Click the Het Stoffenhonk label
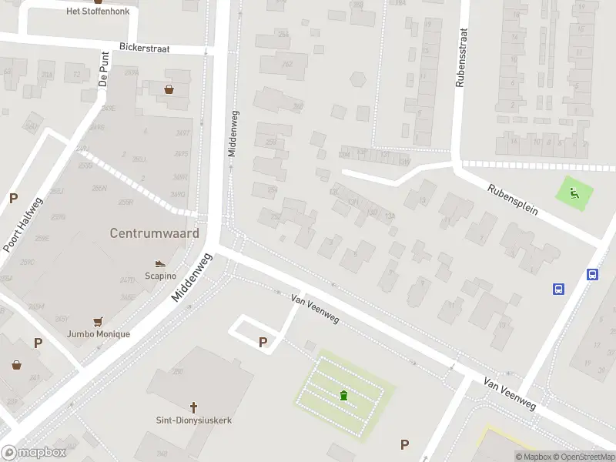[98, 12]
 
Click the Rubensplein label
[512, 198]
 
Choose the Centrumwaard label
[154, 233]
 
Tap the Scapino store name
[160, 276]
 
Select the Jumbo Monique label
[98, 334]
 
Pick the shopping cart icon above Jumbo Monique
[98, 322]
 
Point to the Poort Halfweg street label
[22, 224]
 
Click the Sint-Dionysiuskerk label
[193, 420]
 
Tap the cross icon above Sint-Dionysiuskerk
[193, 407]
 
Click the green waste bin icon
[343, 396]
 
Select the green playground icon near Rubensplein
[574, 192]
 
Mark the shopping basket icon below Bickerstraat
[169, 89]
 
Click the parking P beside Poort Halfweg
[13, 198]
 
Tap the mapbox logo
[34, 453]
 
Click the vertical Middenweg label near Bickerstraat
[232, 133]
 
